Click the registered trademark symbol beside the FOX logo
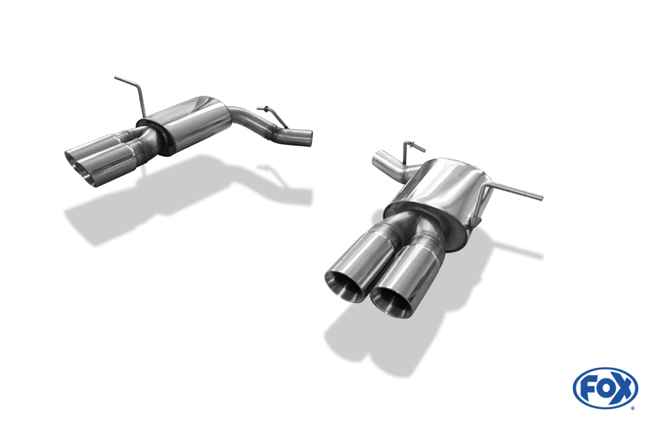[x=633, y=408]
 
